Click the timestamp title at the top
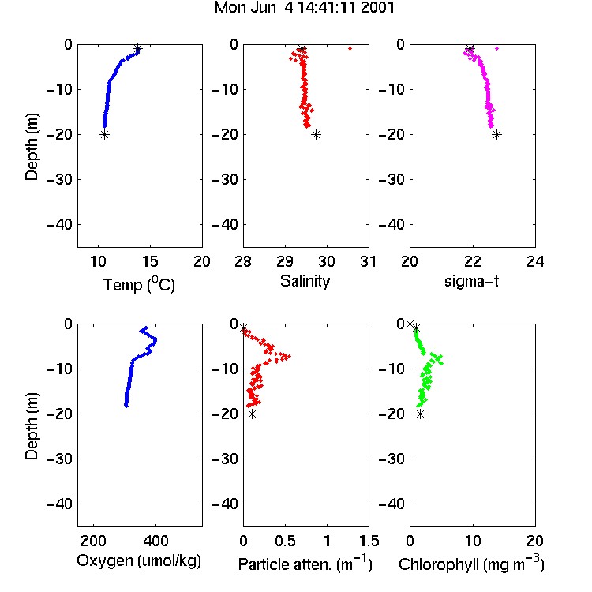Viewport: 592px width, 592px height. click(305, 8)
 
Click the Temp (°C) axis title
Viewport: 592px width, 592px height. click(139, 284)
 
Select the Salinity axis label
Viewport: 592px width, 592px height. click(305, 282)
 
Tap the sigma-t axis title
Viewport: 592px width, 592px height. click(471, 281)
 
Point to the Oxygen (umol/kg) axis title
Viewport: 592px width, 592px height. click(139, 561)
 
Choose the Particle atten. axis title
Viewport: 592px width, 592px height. click(305, 564)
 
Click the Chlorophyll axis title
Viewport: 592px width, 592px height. click(471, 564)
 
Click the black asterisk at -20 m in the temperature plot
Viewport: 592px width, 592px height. click(104, 135)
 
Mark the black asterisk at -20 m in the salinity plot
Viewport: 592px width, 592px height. click(316, 135)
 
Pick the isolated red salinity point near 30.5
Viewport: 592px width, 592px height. click(350, 48)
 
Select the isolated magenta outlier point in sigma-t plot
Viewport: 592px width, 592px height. click(496, 48)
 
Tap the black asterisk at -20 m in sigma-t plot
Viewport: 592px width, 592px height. click(496, 135)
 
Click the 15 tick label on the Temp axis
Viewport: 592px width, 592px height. click(150, 261)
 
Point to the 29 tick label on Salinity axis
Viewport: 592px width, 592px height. click(285, 261)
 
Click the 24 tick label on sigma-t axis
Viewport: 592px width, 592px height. click(535, 261)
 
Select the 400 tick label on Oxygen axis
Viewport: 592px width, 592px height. click(155, 541)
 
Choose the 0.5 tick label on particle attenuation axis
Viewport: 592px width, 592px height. click(285, 541)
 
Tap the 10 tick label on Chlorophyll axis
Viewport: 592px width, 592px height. click(473, 541)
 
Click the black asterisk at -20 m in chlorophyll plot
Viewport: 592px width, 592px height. click(420, 414)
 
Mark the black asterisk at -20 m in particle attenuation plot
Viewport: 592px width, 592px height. click(253, 414)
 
